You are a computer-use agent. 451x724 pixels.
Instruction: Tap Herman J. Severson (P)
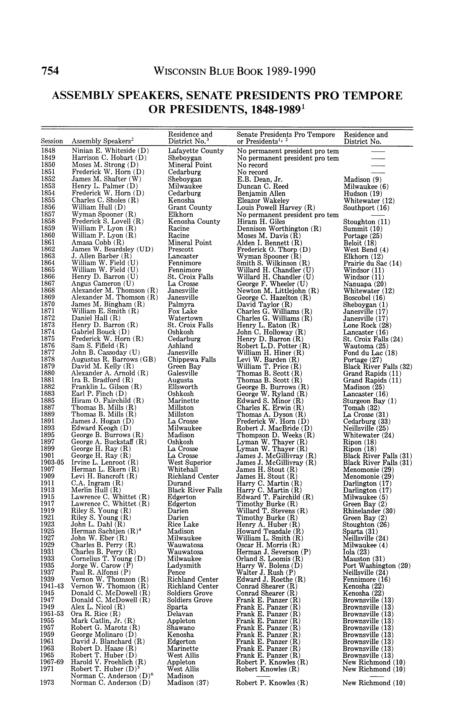click(274, 552)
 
